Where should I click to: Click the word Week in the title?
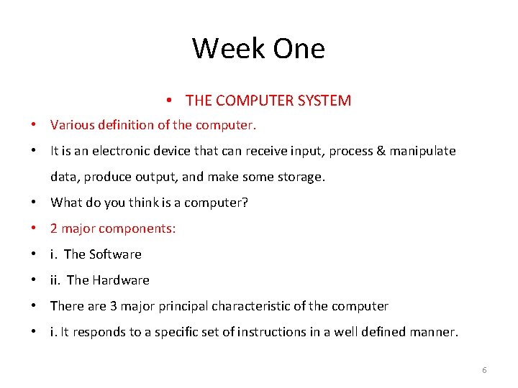tap(224, 49)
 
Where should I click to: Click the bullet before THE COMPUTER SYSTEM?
tap(167, 101)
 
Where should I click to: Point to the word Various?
tap(71, 125)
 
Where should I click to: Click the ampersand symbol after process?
tap(380, 151)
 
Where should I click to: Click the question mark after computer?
tap(245, 203)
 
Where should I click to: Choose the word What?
tap(65, 203)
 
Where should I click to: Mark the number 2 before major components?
tap(54, 228)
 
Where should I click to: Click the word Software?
tap(117, 254)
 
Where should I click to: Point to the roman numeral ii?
tap(55, 280)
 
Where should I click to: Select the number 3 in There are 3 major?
tap(114, 306)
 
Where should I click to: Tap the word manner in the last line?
tap(435, 332)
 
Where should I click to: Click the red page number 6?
tap(484, 370)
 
